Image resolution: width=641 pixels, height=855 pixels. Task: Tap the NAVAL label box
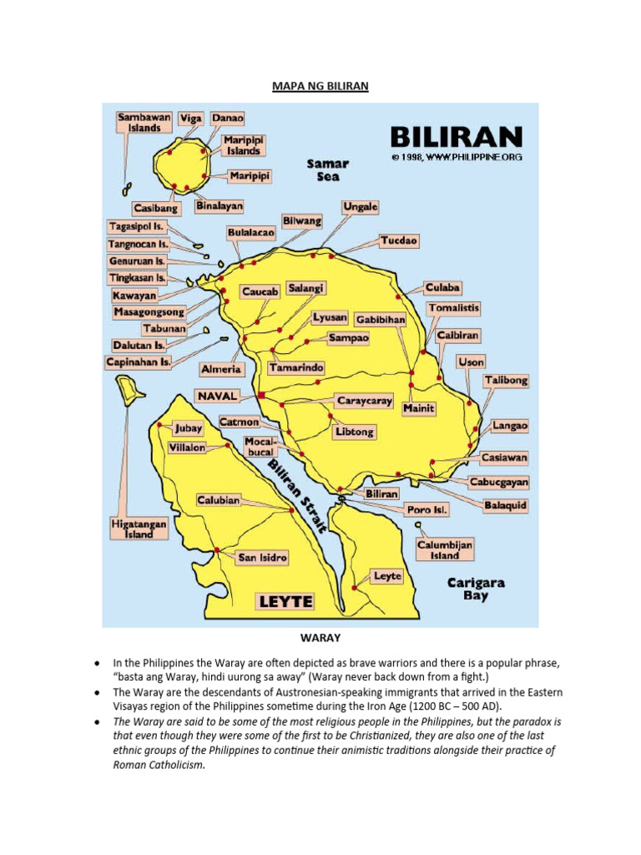[218, 395]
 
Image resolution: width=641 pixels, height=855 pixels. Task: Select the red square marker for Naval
[261, 394]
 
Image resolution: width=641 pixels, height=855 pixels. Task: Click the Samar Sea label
[327, 170]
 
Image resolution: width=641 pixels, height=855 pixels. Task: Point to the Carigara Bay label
[476, 589]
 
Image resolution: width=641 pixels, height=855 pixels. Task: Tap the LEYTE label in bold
[285, 601]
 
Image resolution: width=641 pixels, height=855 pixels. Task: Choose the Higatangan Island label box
[139, 529]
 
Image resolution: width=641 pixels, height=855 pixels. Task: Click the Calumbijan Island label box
[445, 549]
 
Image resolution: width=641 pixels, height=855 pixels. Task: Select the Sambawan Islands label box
[139, 123]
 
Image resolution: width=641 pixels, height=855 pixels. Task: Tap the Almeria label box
[221, 368]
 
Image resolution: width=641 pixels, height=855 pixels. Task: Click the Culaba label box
[442, 287]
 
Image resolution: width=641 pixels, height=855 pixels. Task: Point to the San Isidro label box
[263, 557]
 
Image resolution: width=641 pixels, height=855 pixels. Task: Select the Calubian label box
[219, 500]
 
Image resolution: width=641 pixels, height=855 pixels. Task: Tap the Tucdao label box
[398, 240]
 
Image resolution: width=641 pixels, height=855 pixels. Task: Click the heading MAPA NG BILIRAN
[320, 86]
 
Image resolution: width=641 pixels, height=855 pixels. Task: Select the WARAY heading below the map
[320, 638]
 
